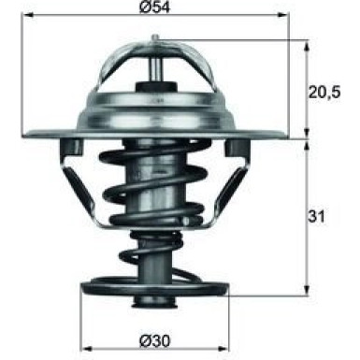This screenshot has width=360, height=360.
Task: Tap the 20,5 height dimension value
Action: (324, 92)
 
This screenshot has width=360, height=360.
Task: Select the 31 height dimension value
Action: (318, 217)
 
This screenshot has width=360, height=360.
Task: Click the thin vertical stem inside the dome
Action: (154, 65)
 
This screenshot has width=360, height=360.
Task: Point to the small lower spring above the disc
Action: (154, 254)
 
